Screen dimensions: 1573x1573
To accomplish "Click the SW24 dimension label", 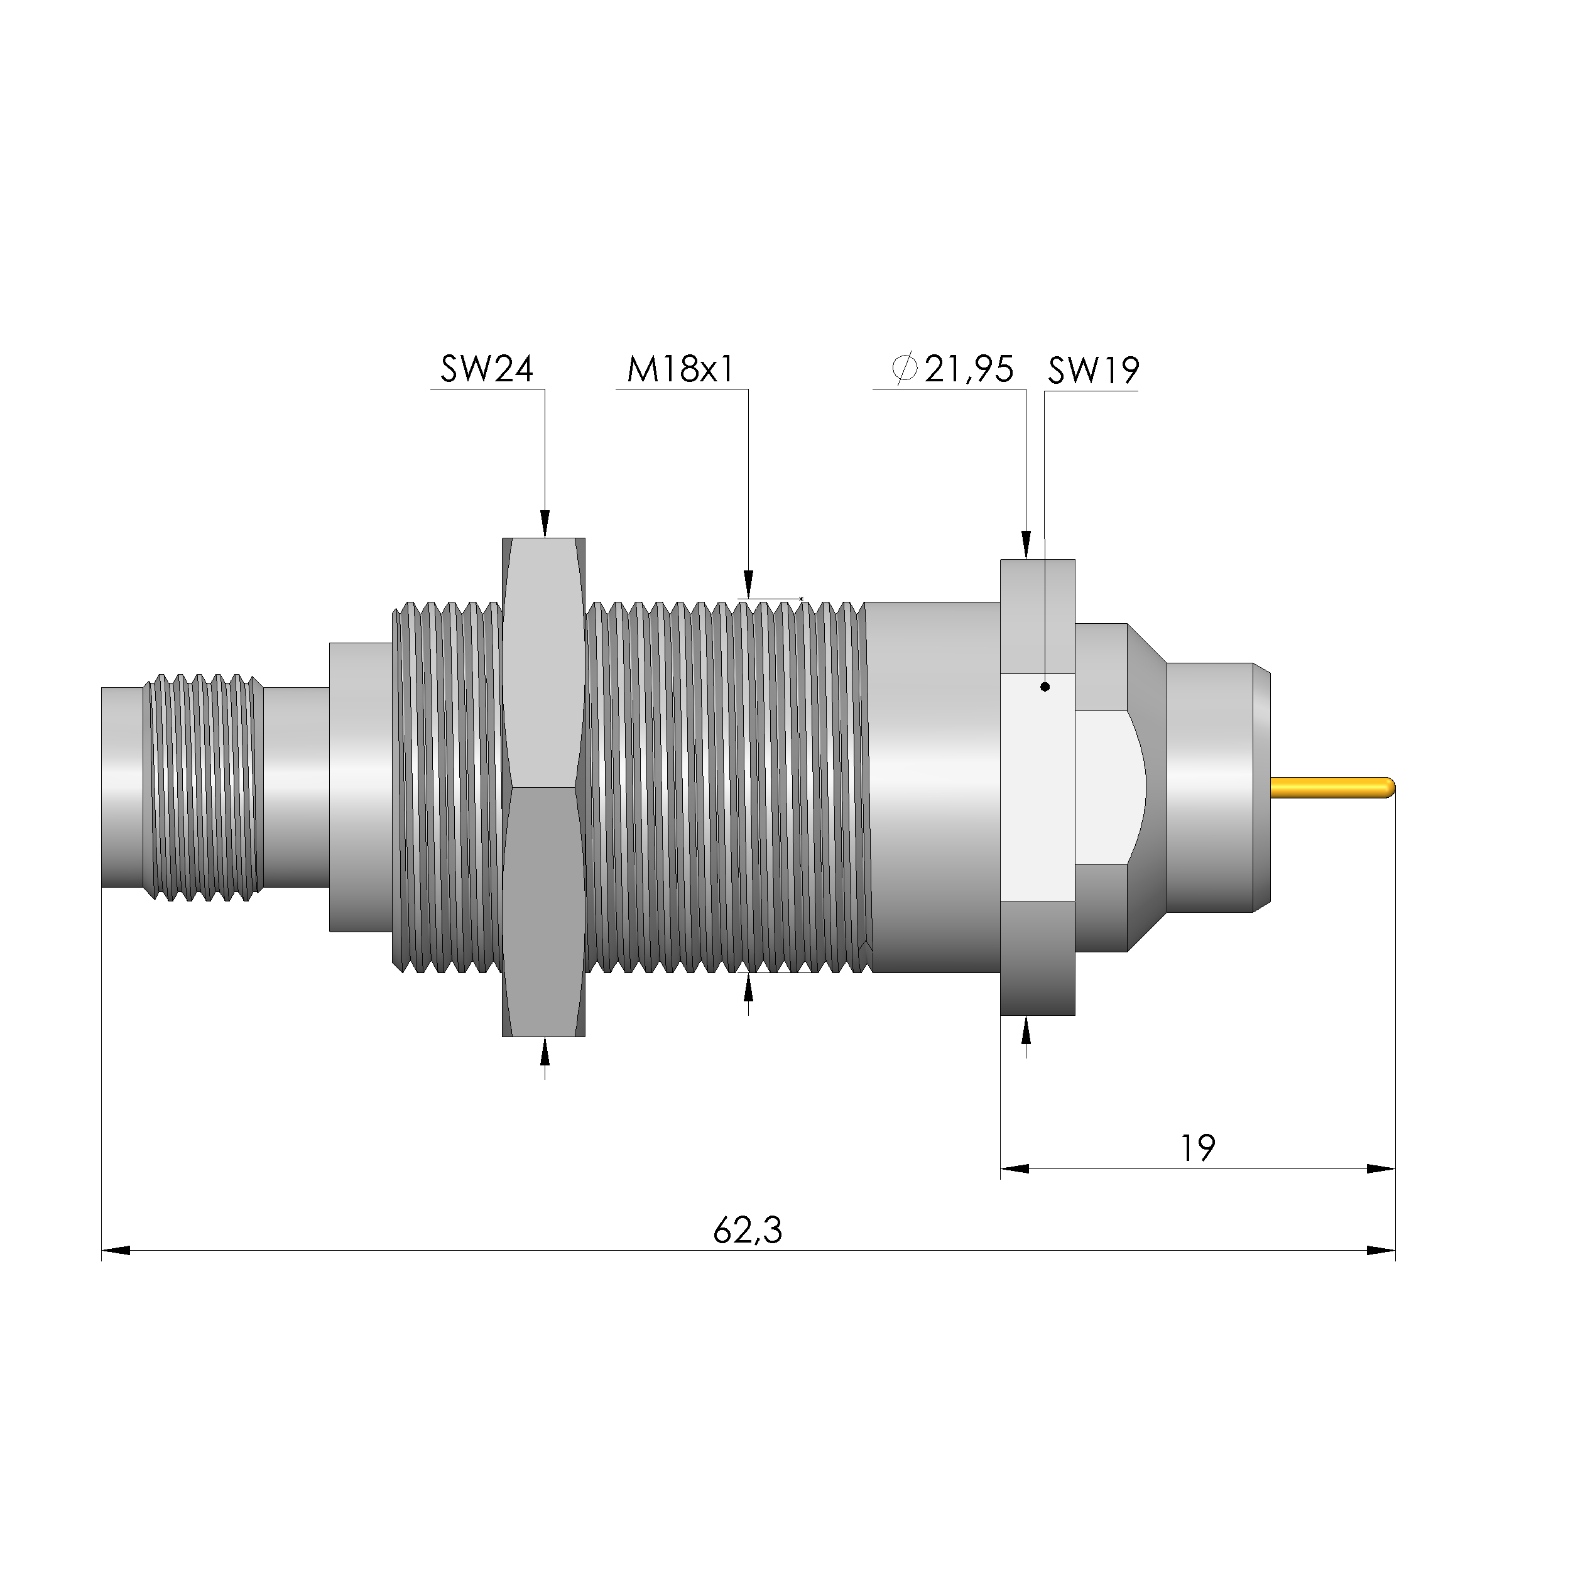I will coord(486,369).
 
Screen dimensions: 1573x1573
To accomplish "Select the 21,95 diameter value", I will coord(969,369).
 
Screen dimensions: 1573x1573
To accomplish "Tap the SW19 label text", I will coord(1092,371).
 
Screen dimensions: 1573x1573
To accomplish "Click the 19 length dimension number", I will coord(1198,1148).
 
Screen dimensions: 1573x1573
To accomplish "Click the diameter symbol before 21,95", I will coord(905,369).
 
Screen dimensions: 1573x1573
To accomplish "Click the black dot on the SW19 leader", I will coord(1045,687).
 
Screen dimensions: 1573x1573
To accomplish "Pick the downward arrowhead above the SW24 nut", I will coord(545,523).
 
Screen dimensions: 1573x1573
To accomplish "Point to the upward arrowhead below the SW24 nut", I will coord(545,1053).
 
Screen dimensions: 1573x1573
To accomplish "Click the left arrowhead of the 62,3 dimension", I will coord(115,1249).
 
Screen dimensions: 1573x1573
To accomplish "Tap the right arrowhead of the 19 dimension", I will coord(1381,1168).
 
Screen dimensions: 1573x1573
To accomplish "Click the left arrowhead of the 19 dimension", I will coord(1015,1168).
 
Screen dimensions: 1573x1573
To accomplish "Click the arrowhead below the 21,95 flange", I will coord(1026,1031).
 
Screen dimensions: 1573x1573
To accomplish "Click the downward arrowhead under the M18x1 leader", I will coord(748,585).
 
